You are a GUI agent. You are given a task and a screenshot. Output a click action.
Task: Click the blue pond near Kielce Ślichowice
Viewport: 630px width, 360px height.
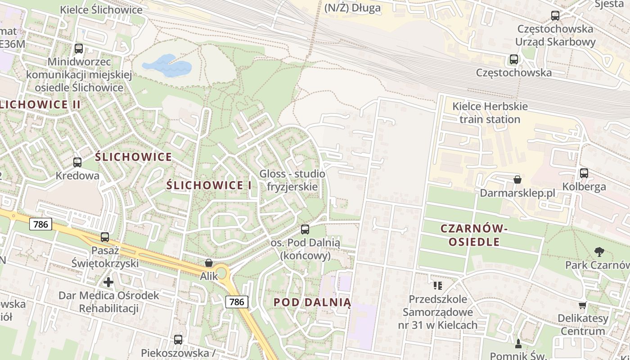click(x=166, y=66)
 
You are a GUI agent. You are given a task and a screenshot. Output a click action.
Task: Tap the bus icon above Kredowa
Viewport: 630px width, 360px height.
click(x=77, y=162)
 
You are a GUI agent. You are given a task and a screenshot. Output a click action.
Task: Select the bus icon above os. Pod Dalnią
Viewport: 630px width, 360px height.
click(x=305, y=229)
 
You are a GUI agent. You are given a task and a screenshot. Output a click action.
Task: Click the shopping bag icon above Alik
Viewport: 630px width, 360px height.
click(x=209, y=263)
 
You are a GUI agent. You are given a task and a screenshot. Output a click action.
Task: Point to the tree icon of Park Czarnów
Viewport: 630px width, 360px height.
click(x=599, y=252)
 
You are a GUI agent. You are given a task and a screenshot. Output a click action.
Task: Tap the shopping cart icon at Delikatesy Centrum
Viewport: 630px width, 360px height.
click(x=583, y=305)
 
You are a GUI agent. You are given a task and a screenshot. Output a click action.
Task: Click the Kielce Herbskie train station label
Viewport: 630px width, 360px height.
click(x=490, y=113)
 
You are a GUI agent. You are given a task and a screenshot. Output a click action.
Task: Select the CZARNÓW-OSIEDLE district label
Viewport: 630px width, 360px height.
click(x=474, y=235)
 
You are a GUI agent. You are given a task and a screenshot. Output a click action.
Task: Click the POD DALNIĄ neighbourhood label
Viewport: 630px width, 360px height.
click(x=312, y=302)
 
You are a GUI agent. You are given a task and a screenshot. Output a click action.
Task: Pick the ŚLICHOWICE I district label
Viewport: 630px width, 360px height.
click(x=209, y=185)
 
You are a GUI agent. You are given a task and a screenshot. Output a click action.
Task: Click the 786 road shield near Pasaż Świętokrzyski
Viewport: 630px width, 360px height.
click(x=41, y=224)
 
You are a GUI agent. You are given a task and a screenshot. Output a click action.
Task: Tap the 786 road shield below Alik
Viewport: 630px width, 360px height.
click(x=237, y=301)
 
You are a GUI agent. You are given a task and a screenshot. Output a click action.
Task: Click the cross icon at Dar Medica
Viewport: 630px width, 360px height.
click(x=108, y=282)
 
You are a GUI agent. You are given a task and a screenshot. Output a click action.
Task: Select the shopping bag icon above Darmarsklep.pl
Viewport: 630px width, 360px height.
click(x=517, y=180)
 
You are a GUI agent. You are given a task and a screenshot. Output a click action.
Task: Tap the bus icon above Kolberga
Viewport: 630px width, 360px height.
click(x=584, y=173)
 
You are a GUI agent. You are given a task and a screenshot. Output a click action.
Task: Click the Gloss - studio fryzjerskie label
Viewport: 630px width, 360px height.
click(x=292, y=180)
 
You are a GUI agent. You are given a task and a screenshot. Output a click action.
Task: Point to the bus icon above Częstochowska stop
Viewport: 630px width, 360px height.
click(x=513, y=59)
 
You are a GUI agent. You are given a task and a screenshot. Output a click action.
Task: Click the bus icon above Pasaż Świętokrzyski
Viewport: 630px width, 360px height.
click(x=105, y=237)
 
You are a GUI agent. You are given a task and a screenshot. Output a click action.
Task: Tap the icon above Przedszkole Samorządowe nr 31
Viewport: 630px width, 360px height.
click(x=438, y=285)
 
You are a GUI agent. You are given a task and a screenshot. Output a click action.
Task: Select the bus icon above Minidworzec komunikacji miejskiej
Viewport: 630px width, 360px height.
click(x=79, y=48)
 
